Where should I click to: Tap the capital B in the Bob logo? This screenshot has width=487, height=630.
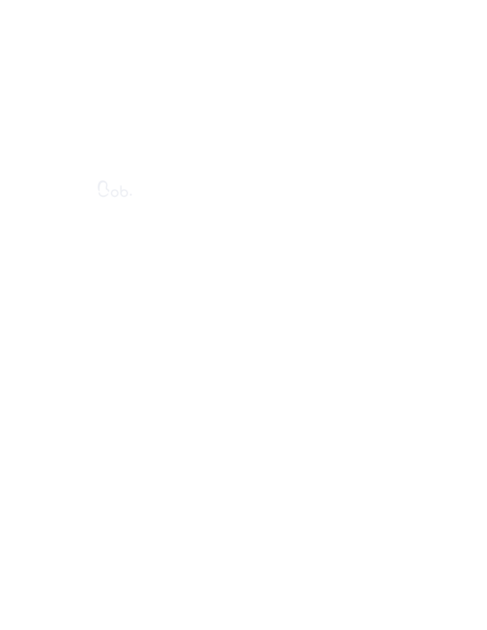(x=103, y=189)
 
